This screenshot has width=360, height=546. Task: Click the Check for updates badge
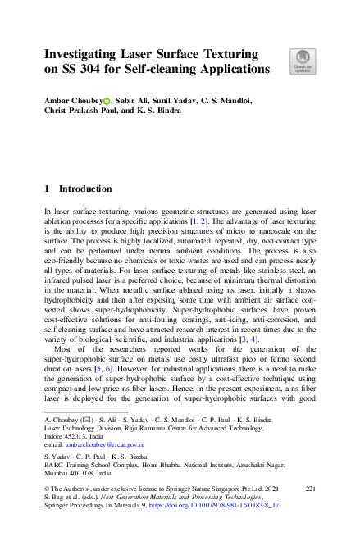point(303,61)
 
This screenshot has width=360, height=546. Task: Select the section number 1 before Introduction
point(47,189)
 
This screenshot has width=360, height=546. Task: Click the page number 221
point(310,489)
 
